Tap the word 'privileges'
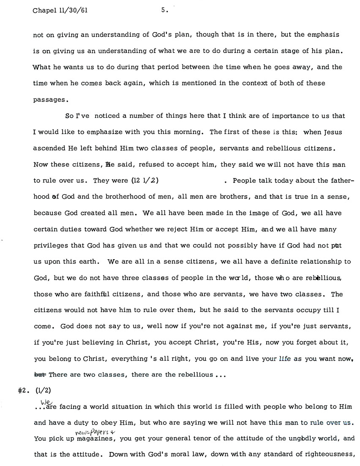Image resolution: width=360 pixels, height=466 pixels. pyautogui.click(x=50, y=245)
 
